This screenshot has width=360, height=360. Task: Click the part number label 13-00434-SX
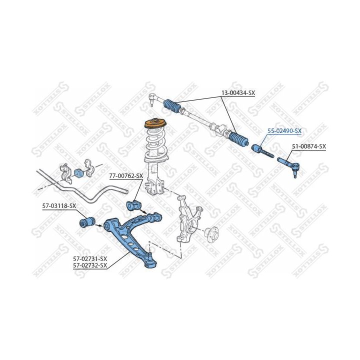coord(238,93)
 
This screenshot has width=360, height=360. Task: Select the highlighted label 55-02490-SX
coord(284,131)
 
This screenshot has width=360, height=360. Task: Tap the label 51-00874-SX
coord(309,146)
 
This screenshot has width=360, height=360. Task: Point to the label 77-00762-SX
coord(126,176)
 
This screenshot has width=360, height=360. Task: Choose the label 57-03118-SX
coord(59,206)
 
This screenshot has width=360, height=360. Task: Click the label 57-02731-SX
coord(90,259)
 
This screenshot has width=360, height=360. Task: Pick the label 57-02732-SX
coord(90,265)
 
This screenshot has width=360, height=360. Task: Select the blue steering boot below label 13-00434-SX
coord(239,139)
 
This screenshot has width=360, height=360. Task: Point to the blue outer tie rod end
coord(289,166)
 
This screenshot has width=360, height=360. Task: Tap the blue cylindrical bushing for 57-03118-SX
coord(87,222)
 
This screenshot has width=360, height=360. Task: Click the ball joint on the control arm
coord(151,261)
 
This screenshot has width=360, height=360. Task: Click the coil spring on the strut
coord(156,144)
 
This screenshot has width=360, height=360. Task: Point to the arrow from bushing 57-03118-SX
coord(99,225)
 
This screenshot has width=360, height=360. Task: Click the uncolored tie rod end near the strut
coord(152,98)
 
